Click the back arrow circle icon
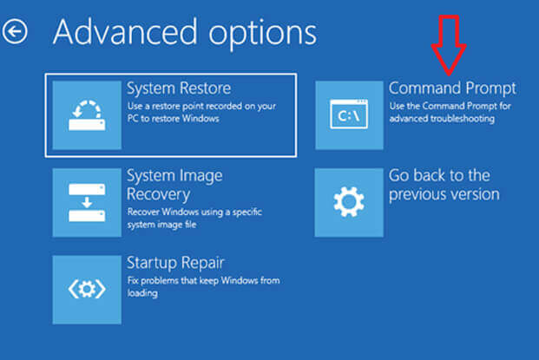click(x=16, y=32)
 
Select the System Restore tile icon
click(x=86, y=115)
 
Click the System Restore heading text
click(x=178, y=88)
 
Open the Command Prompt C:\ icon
click(x=348, y=115)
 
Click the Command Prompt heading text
click(x=452, y=88)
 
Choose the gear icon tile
click(x=348, y=202)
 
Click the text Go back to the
click(x=439, y=176)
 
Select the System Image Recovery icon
click(x=86, y=202)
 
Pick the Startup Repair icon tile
click(x=86, y=288)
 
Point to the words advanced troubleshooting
click(x=442, y=119)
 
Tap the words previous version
click(x=444, y=194)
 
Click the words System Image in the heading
click(x=174, y=176)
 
